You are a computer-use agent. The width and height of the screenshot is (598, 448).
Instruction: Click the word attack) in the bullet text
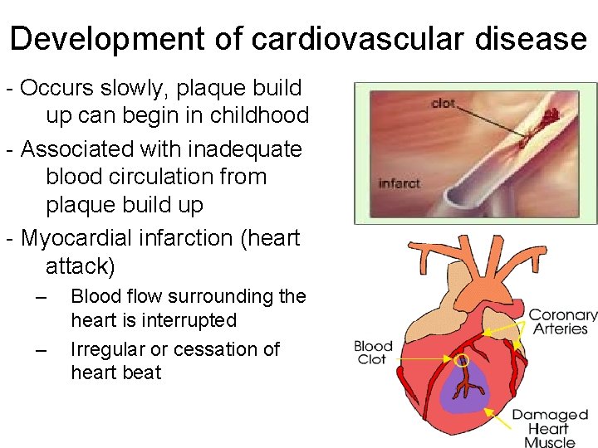click(81, 266)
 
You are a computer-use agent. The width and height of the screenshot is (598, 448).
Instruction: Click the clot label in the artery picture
click(444, 105)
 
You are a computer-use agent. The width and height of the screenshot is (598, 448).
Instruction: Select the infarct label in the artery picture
click(399, 183)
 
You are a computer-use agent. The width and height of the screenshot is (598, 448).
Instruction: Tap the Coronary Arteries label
click(563, 322)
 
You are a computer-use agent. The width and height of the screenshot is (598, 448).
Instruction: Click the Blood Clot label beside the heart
click(373, 353)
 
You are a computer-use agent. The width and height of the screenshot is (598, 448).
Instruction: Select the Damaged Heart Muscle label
click(549, 428)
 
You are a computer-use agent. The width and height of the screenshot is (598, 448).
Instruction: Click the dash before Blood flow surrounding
click(42, 297)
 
